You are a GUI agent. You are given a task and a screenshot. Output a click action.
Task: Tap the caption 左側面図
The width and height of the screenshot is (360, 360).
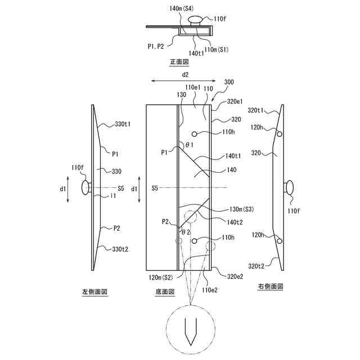coord(94,291)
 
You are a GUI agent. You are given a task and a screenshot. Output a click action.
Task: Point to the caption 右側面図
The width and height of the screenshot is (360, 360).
coord(270,286)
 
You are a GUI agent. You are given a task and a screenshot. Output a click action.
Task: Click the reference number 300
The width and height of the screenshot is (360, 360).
coord(228,82)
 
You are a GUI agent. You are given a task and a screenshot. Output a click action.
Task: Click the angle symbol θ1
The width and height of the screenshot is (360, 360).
coord(190,146)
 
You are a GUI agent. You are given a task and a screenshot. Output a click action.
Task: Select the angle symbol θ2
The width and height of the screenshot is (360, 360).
coord(186,231)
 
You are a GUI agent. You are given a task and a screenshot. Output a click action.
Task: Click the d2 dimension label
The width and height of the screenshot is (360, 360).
coord(184,74)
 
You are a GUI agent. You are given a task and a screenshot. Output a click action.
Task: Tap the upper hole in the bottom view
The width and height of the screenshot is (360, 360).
coord(194,134)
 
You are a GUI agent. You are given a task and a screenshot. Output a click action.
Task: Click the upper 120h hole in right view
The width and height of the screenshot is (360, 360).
coord(279,134)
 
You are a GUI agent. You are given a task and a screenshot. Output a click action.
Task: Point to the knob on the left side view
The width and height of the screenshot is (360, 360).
coord(86,187)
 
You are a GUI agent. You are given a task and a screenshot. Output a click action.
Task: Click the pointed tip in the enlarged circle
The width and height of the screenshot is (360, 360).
coord(191,345)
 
